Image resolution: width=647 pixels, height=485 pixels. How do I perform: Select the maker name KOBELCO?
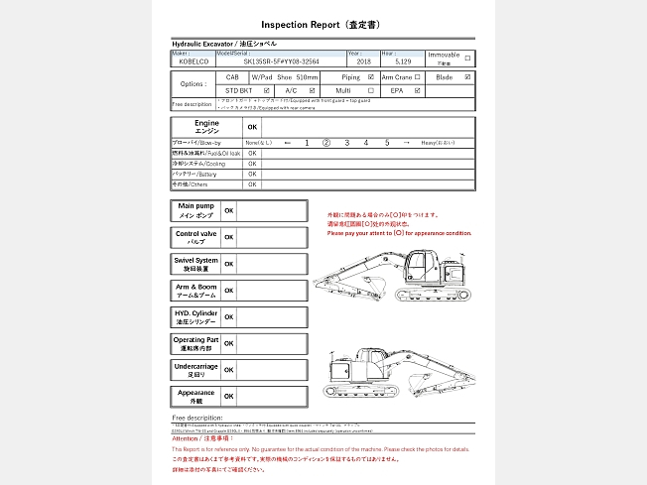coord(194,61)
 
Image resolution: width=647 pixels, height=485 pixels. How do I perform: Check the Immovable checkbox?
coord(468,58)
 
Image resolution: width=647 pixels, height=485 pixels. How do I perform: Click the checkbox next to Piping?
coord(371,76)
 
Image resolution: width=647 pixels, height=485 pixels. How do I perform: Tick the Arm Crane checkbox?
coord(418,76)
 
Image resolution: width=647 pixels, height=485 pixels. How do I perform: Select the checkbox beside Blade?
coord(468,76)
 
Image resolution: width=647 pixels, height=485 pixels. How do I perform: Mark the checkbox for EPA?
coord(418,90)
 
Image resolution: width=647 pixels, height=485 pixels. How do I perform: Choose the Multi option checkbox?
coord(371,90)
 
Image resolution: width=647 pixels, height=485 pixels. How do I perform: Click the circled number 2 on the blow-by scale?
coord(326,143)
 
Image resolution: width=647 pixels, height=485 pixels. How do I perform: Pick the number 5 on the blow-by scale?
coord(387,143)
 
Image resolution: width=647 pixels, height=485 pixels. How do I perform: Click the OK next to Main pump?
coord(228,210)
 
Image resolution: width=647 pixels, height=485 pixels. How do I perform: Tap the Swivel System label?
coord(195,265)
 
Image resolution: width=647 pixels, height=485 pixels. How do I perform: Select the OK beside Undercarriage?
coord(228,370)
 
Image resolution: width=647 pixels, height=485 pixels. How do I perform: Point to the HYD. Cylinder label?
coord(195,317)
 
